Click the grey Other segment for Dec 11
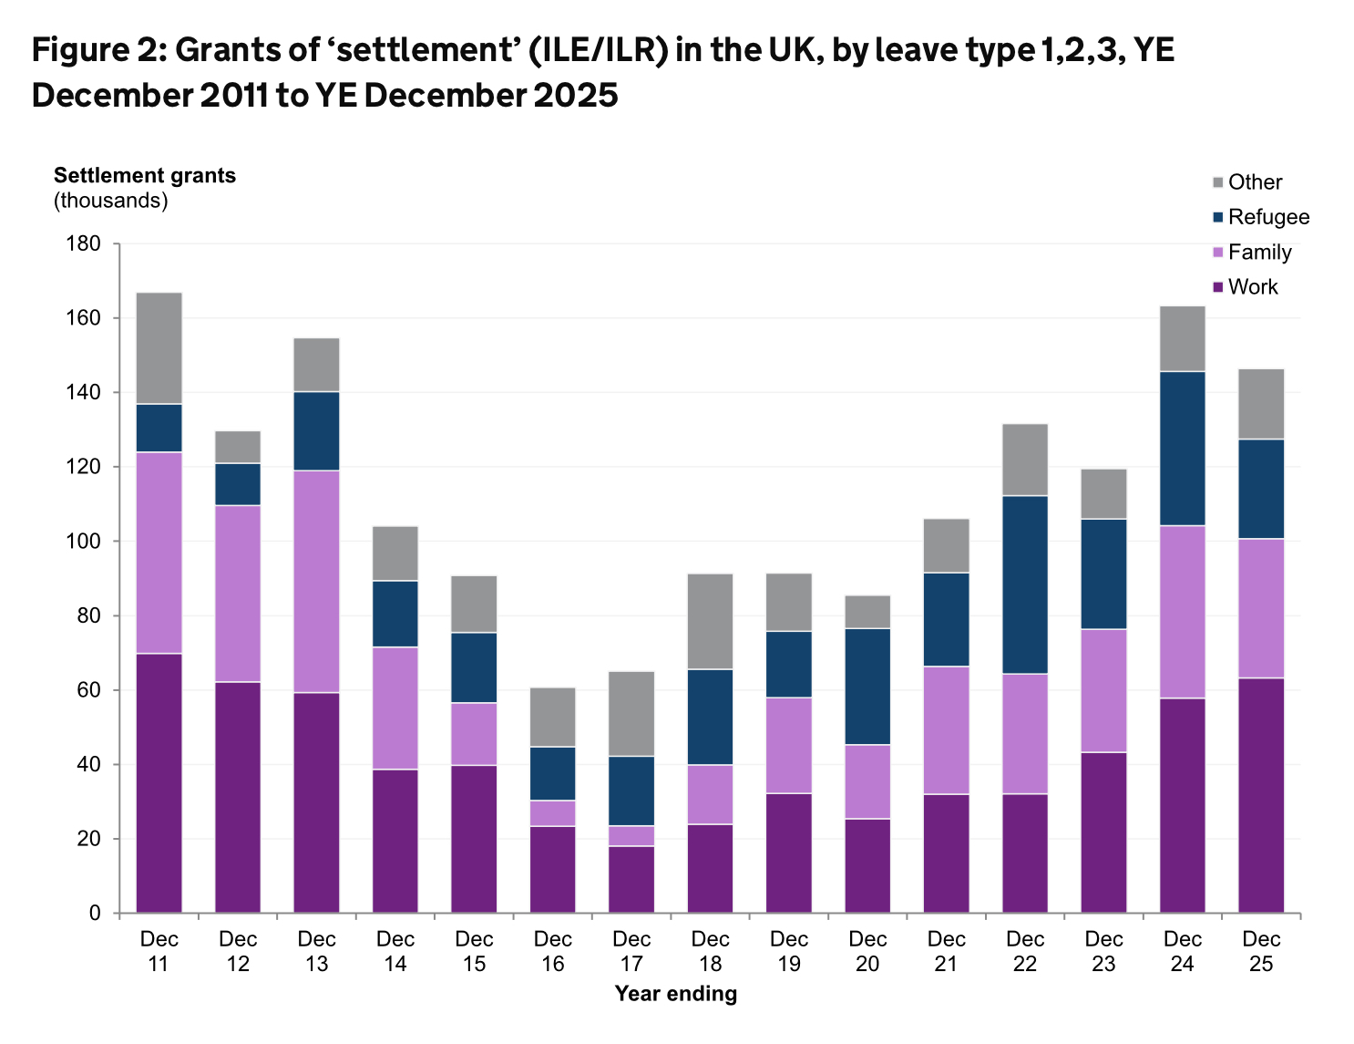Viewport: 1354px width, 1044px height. click(x=159, y=348)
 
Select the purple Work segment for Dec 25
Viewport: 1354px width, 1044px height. click(x=1261, y=795)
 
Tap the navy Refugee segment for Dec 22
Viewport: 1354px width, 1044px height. click(x=1025, y=584)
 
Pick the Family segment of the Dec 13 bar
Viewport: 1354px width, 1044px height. click(x=316, y=582)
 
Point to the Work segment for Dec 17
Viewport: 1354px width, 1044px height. click(x=631, y=879)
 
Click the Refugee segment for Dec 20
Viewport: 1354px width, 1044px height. click(x=867, y=687)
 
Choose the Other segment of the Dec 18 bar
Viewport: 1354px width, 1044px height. click(x=710, y=621)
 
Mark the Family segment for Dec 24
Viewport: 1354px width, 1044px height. click(x=1183, y=612)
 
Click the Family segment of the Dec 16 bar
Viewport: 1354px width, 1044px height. click(x=553, y=813)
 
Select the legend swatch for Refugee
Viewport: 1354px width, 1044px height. click(x=1218, y=218)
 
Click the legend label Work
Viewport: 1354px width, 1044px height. click(x=1253, y=287)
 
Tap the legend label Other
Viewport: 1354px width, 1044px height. click(x=1255, y=182)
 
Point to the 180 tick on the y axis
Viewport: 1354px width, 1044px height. click(x=83, y=244)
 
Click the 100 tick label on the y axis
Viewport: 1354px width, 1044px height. click(x=83, y=542)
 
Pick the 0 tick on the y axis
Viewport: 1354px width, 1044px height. click(x=95, y=914)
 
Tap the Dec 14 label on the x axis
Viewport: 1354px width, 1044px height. click(x=395, y=951)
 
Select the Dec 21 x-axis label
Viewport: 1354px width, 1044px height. click(x=947, y=951)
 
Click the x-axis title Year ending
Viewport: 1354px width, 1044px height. click(x=675, y=994)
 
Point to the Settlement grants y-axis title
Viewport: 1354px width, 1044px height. click(x=145, y=176)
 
